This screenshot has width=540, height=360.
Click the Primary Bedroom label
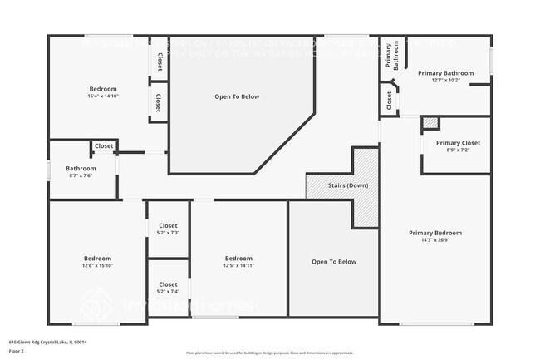[434, 233]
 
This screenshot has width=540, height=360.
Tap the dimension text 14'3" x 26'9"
[434, 241]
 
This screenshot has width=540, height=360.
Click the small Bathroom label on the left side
[81, 169]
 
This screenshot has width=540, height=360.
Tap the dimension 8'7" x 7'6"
[81, 176]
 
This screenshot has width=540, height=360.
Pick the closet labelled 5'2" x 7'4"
[168, 288]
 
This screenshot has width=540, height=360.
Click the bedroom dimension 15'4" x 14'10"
[103, 96]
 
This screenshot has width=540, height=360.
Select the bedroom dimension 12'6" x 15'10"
[96, 266]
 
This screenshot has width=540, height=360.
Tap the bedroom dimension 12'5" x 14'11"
[238, 266]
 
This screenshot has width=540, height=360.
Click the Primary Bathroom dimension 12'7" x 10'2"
[445, 81]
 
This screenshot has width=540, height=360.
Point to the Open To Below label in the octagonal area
[237, 96]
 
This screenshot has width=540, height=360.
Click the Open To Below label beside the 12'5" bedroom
[334, 262]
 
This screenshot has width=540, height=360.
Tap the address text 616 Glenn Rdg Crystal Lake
[48, 342]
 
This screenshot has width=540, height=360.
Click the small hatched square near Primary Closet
[430, 123]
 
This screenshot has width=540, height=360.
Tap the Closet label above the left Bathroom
[104, 146]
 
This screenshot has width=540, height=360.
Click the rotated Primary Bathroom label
[392, 56]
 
